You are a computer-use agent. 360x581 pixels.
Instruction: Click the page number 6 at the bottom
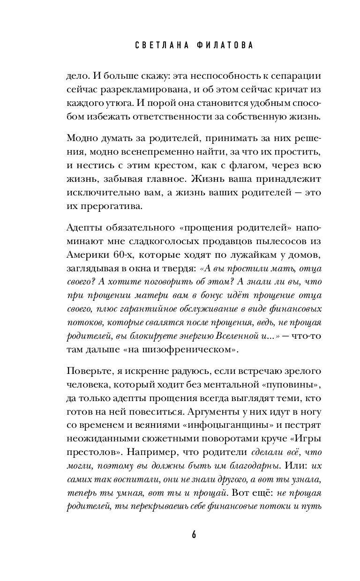coord(180,535)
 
